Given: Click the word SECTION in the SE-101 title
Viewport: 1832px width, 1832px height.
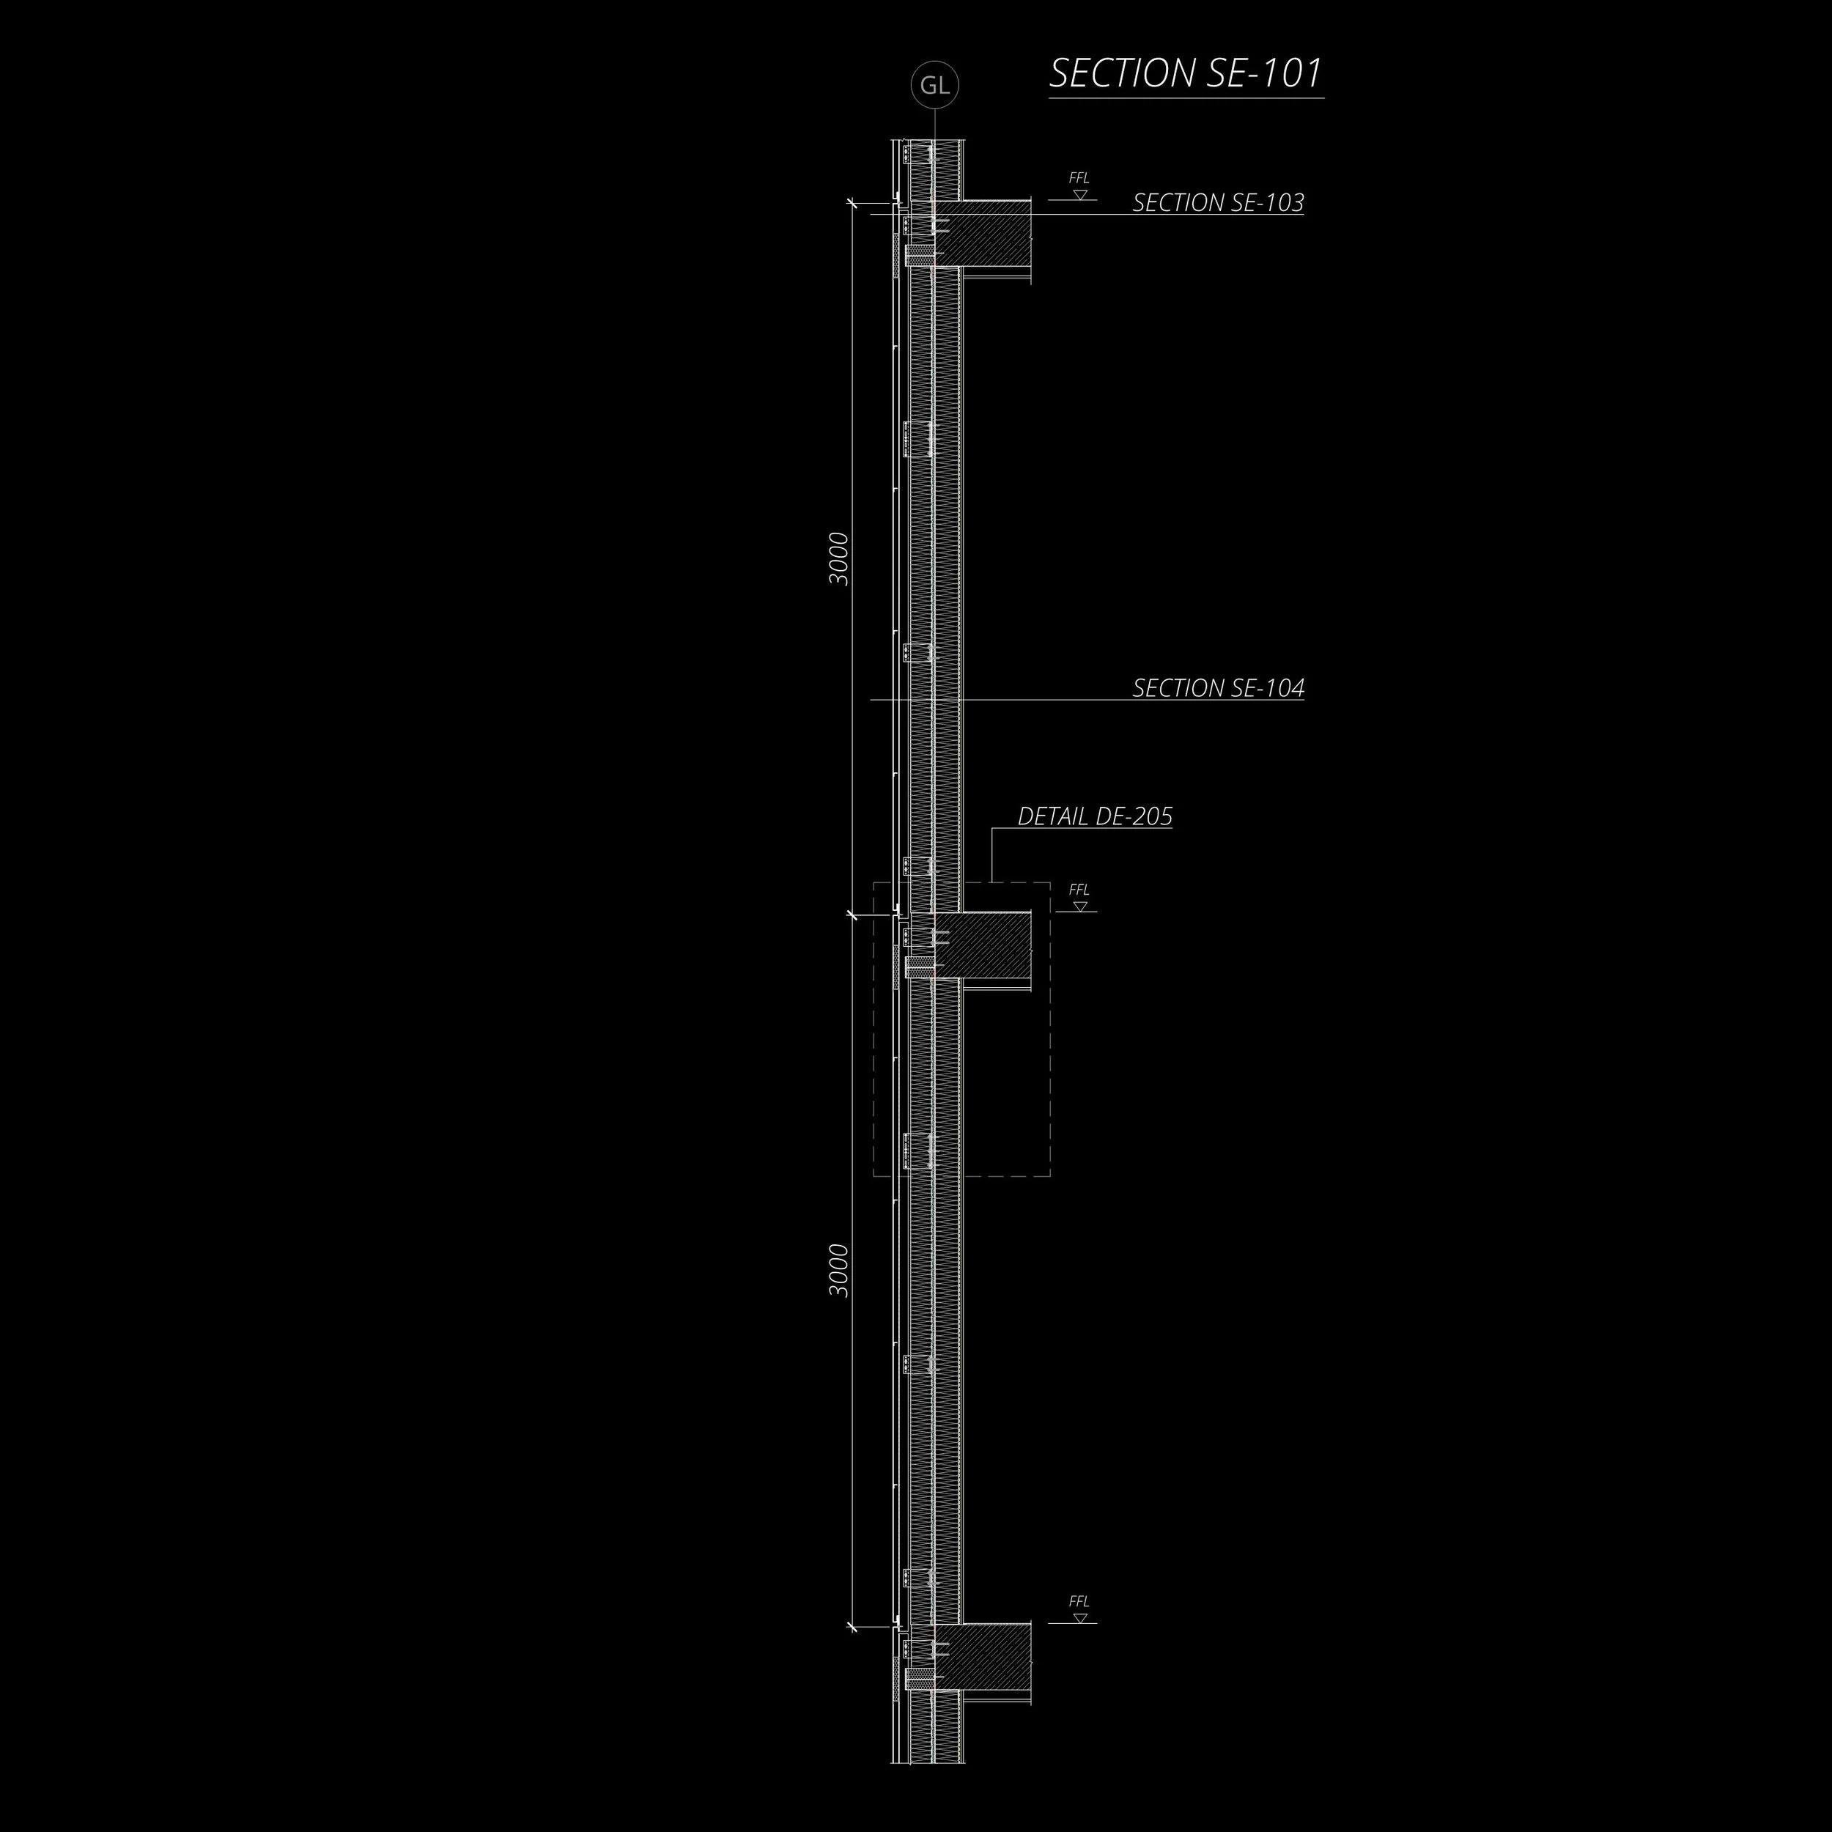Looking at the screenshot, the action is tap(1109, 74).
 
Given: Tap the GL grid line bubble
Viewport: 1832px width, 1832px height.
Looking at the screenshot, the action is tap(934, 85).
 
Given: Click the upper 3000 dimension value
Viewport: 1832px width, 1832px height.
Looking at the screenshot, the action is tap(839, 558).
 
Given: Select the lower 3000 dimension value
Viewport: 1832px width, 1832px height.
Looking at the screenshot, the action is tap(839, 1271).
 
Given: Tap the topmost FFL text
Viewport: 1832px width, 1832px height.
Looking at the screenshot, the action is tap(1079, 178).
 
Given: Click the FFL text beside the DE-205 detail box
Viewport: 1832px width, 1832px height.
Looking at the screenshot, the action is tap(1079, 890).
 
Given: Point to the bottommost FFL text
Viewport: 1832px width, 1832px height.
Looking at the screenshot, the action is tap(1079, 1602).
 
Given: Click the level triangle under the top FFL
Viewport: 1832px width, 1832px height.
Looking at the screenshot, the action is tap(1080, 194).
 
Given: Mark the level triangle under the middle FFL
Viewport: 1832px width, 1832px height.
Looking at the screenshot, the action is tap(1080, 906).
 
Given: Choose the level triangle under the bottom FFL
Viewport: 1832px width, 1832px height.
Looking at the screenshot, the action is tap(1080, 1618).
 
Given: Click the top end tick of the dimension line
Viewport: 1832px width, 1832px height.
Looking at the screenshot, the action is tap(852, 202).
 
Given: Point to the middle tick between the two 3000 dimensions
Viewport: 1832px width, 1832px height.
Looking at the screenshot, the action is tap(852, 914).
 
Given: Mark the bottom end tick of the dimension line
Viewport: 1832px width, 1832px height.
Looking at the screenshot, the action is tap(852, 1626).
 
